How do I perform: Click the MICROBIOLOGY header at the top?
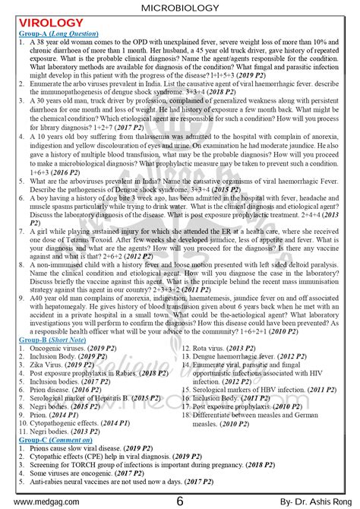click(179, 8)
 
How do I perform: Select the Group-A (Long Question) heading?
click(58, 33)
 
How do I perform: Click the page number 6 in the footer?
click(179, 501)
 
